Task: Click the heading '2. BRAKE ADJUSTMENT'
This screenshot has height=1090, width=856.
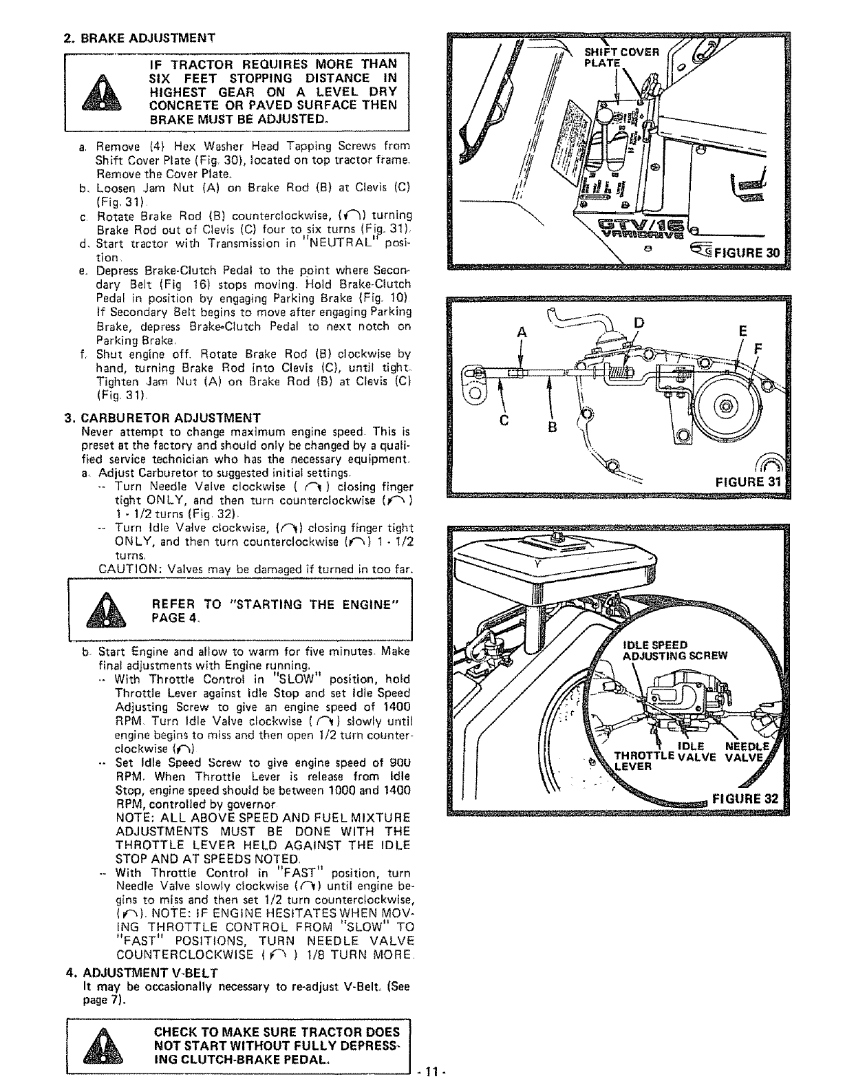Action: (139, 37)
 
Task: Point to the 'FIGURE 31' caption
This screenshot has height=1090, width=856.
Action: (746, 481)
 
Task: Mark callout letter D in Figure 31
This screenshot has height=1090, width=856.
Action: (639, 323)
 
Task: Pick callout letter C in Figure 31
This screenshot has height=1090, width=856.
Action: (504, 420)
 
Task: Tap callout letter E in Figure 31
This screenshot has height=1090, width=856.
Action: (742, 331)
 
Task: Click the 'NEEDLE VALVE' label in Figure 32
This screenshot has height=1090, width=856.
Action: (746, 753)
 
